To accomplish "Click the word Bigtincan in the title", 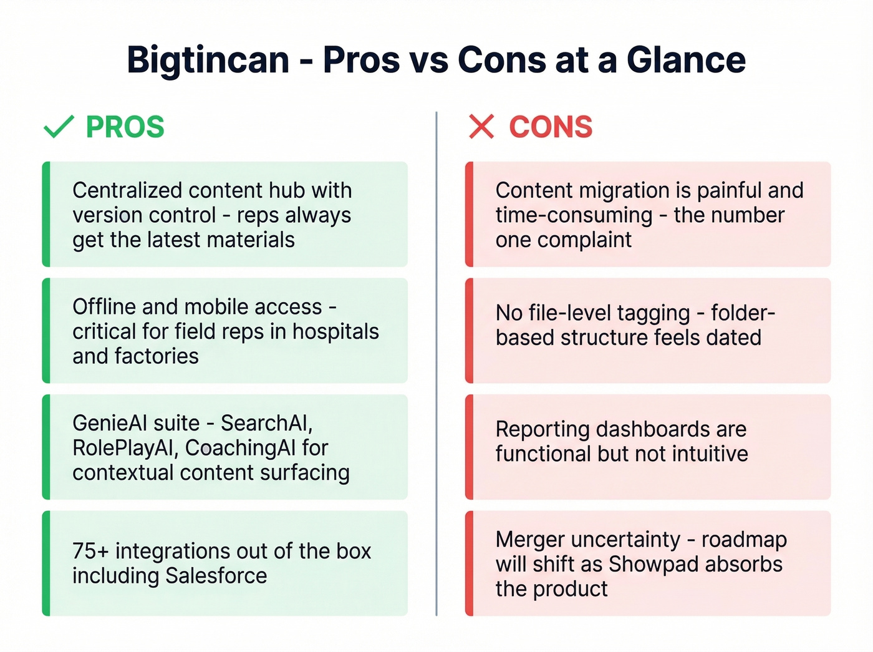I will pyautogui.click(x=208, y=61).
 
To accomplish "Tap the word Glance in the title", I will pyautogui.click(x=686, y=61).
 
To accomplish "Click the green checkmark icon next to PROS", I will pyautogui.click(x=59, y=127).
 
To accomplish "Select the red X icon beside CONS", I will pyautogui.click(x=481, y=127).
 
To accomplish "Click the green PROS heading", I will pyautogui.click(x=125, y=127).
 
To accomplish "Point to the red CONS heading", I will pyautogui.click(x=551, y=127).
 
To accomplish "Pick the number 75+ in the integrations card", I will pyautogui.click(x=90, y=551).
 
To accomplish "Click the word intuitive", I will pyautogui.click(x=710, y=454).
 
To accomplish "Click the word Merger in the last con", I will pyautogui.click(x=529, y=539).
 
